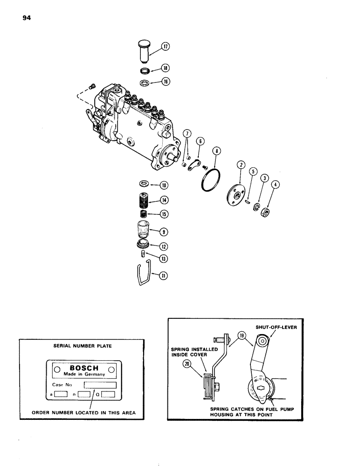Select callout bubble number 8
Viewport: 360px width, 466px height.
(216, 151)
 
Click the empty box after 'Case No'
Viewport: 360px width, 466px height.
(100, 385)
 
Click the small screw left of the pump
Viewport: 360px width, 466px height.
(92, 85)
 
